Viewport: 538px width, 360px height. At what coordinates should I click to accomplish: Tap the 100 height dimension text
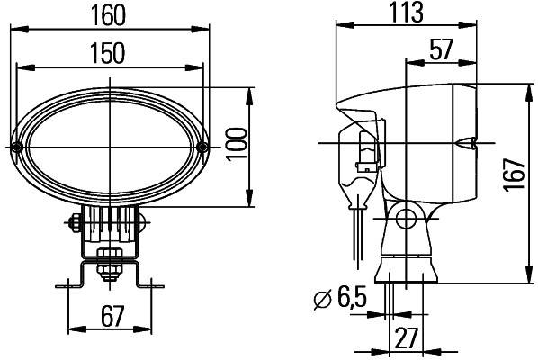click(x=236, y=145)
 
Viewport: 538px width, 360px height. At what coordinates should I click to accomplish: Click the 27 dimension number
click(x=405, y=338)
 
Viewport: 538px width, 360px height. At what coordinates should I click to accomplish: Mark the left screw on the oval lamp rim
click(x=18, y=147)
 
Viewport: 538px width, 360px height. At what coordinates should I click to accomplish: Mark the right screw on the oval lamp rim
click(x=202, y=147)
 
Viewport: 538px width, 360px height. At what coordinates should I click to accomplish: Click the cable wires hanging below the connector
click(x=358, y=220)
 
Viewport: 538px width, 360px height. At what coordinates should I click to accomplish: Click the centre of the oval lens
click(x=110, y=146)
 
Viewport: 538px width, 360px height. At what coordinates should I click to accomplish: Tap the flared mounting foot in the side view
click(x=406, y=265)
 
